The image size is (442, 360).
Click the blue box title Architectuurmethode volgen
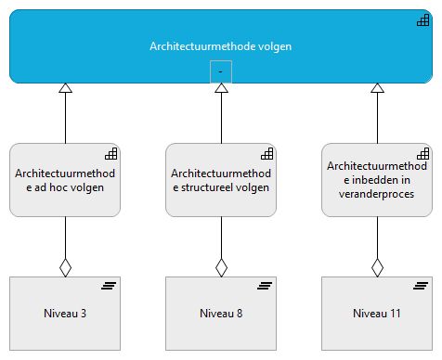(x=220, y=45)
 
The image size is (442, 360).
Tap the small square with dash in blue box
(x=221, y=71)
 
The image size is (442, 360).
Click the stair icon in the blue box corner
(x=422, y=20)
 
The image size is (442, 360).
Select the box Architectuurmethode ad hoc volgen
(x=65, y=180)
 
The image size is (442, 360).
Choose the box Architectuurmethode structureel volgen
(x=221, y=180)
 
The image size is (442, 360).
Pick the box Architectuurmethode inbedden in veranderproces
(x=377, y=180)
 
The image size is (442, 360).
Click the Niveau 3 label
(x=65, y=314)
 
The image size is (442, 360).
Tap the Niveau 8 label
(x=221, y=314)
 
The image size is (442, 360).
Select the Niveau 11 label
(x=377, y=314)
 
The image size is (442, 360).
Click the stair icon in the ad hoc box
(x=110, y=154)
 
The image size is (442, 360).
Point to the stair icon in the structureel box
(x=266, y=154)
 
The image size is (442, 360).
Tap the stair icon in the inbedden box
(x=422, y=154)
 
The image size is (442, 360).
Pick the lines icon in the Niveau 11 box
(x=421, y=286)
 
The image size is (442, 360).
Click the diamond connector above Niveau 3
(x=65, y=267)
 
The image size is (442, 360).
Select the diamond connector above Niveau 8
(x=221, y=267)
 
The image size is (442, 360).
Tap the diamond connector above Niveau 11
(x=377, y=267)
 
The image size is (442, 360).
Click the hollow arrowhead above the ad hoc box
(x=65, y=88)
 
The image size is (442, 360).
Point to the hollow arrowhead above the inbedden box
(x=377, y=88)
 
